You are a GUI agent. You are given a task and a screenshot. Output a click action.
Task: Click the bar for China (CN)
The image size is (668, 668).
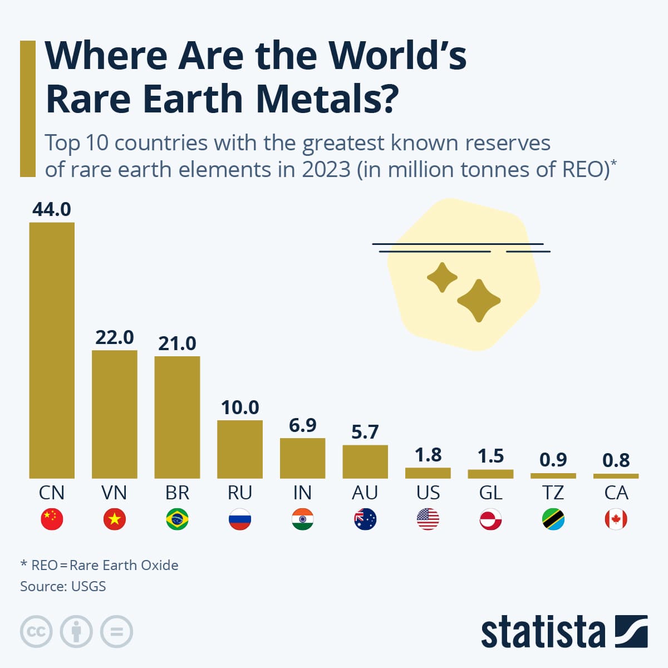coord(52,351)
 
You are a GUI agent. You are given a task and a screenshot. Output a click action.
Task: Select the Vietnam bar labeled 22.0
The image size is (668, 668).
coord(114,414)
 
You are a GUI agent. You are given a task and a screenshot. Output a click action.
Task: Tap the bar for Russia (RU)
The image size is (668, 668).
coord(240,449)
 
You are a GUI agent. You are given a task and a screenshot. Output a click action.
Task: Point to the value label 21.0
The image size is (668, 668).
coord(177,343)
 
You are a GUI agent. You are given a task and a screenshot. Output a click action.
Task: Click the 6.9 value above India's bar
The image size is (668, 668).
coord(302,425)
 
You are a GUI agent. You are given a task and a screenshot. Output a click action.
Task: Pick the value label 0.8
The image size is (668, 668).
coord(616,460)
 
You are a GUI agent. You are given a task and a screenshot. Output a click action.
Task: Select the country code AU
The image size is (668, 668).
coord(365,493)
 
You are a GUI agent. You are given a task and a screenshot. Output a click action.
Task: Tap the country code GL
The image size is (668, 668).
coord(490,493)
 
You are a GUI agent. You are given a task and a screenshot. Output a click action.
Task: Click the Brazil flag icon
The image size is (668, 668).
coord(177,519)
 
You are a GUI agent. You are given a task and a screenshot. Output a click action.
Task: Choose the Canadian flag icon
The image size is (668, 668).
coord(616,519)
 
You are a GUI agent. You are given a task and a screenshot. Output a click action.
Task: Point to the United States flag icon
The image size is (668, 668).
coord(428,519)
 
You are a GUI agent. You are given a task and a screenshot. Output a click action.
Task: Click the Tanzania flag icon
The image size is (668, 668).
coord(553,519)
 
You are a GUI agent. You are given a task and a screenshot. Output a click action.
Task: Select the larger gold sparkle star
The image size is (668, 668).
coord(479,301)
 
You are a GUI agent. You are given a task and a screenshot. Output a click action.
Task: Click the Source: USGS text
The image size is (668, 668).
coord(63,586)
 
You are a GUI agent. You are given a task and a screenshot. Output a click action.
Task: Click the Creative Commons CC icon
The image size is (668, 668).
coord(36,632)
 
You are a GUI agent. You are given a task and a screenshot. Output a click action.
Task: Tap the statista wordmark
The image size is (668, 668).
coord(543,632)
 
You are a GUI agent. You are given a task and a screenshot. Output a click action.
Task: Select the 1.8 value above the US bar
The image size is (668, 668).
coord(428,455)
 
